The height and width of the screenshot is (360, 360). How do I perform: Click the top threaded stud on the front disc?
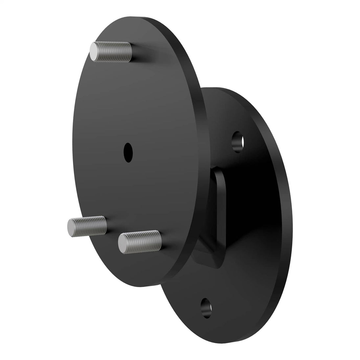coord(112,52)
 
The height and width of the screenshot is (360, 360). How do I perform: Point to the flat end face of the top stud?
coord(95,52)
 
